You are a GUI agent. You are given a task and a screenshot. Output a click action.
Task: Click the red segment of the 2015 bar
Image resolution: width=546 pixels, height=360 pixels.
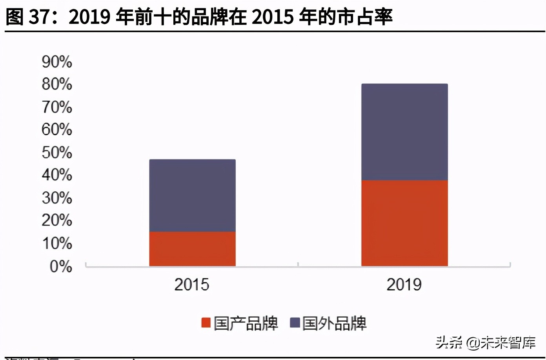tap(192, 249)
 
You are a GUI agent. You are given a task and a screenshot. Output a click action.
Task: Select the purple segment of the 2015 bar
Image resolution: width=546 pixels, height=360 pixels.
tap(192, 195)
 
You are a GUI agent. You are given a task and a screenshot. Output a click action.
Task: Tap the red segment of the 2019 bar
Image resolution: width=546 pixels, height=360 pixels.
tap(404, 223)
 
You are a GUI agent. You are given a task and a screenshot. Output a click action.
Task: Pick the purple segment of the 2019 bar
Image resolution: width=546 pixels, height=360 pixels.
tap(404, 132)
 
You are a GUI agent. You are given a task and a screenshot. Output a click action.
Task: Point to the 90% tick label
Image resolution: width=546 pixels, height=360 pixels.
tap(57, 62)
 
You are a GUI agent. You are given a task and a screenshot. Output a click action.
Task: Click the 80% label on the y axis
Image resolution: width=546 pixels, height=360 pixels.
tap(57, 84)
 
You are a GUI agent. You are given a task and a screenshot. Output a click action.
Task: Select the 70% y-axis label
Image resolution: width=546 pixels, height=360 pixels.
tap(57, 107)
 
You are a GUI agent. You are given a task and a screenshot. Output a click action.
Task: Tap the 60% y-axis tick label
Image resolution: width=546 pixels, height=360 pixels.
tap(57, 129)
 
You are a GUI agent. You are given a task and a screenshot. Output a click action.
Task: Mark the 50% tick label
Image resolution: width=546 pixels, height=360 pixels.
tap(57, 153)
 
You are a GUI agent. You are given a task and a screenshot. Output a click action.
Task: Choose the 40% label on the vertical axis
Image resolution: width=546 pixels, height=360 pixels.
tap(57, 175)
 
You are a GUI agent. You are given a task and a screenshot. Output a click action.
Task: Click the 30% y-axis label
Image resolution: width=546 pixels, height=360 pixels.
tap(57, 198)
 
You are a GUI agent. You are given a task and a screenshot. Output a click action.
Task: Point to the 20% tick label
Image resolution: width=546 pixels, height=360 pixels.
tap(57, 220)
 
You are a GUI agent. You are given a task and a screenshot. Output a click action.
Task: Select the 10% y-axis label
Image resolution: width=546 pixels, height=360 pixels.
tap(57, 244)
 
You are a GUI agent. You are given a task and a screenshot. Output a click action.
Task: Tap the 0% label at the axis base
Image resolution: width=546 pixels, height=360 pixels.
tap(61, 267)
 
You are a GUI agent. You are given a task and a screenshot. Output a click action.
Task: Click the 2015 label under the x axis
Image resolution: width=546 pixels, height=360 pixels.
tap(192, 285)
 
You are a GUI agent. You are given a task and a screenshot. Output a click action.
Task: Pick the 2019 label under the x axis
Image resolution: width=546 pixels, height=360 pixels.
tap(404, 285)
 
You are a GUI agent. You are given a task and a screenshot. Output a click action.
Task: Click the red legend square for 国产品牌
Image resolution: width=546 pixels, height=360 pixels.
tap(206, 323)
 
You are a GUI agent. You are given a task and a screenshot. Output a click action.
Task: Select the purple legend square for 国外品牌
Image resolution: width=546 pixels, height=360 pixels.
tap(295, 323)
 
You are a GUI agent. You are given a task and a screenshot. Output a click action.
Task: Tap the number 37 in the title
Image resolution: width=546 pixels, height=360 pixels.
tap(40, 17)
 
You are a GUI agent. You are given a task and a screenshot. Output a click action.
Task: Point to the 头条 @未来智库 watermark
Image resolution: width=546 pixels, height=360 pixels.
tap(486, 343)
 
